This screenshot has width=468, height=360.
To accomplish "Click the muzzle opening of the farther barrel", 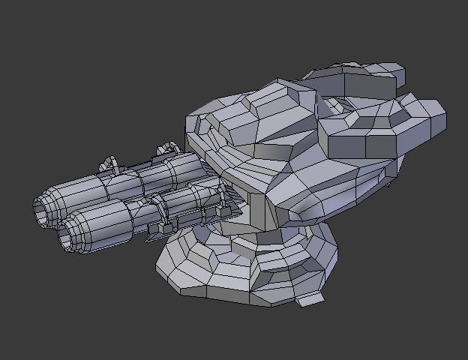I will point(43,211).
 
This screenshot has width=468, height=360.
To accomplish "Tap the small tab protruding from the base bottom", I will point(309,299).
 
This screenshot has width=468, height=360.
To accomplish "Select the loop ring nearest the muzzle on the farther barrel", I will point(110,163).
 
